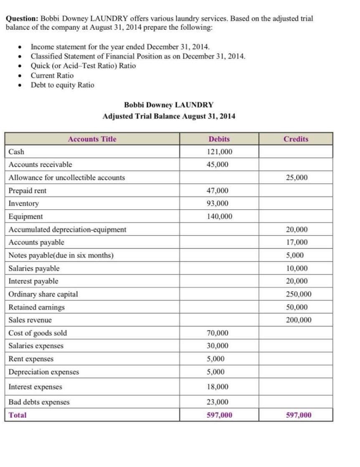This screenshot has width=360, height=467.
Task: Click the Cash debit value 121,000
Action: click(x=219, y=152)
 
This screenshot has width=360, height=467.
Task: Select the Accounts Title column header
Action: click(x=92, y=139)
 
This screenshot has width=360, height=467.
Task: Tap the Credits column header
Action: click(x=296, y=139)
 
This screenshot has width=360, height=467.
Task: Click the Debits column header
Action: click(x=219, y=139)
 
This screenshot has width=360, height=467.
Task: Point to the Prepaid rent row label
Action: click(x=28, y=190)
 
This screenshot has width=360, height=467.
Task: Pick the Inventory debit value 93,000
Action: click(x=218, y=203)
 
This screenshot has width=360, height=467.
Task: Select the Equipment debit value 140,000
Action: click(x=219, y=216)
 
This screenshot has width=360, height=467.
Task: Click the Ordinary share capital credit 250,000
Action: click(x=299, y=294)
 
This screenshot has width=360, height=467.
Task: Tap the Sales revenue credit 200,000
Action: click(x=299, y=320)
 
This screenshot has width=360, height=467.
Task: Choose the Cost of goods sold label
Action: click(x=38, y=333)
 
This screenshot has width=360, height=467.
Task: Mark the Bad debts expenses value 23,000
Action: click(x=218, y=402)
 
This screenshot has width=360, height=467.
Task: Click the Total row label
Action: click(x=18, y=415)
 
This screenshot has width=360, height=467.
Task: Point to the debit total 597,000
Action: click(x=219, y=415)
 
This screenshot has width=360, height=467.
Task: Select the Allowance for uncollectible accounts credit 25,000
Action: click(x=297, y=178)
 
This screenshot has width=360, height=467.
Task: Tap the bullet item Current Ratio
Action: click(x=52, y=76)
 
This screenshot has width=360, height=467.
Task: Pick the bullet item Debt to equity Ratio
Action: click(x=63, y=85)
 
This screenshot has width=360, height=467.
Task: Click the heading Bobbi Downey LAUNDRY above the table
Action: click(x=169, y=105)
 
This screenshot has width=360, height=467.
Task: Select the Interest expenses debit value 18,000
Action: click(x=218, y=387)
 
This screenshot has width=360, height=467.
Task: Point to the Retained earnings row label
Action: click(x=37, y=307)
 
